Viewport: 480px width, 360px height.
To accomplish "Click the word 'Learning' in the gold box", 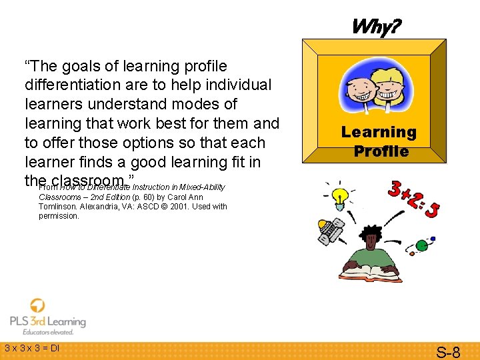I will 378,132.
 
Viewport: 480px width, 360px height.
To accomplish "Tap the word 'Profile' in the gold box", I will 381,151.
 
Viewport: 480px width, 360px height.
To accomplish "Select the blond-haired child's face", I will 393,91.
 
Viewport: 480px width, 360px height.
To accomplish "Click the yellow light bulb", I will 341,196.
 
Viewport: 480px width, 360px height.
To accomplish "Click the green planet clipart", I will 421,246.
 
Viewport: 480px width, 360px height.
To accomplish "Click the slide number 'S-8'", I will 447,352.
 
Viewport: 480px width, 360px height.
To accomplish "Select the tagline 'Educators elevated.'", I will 47,332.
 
